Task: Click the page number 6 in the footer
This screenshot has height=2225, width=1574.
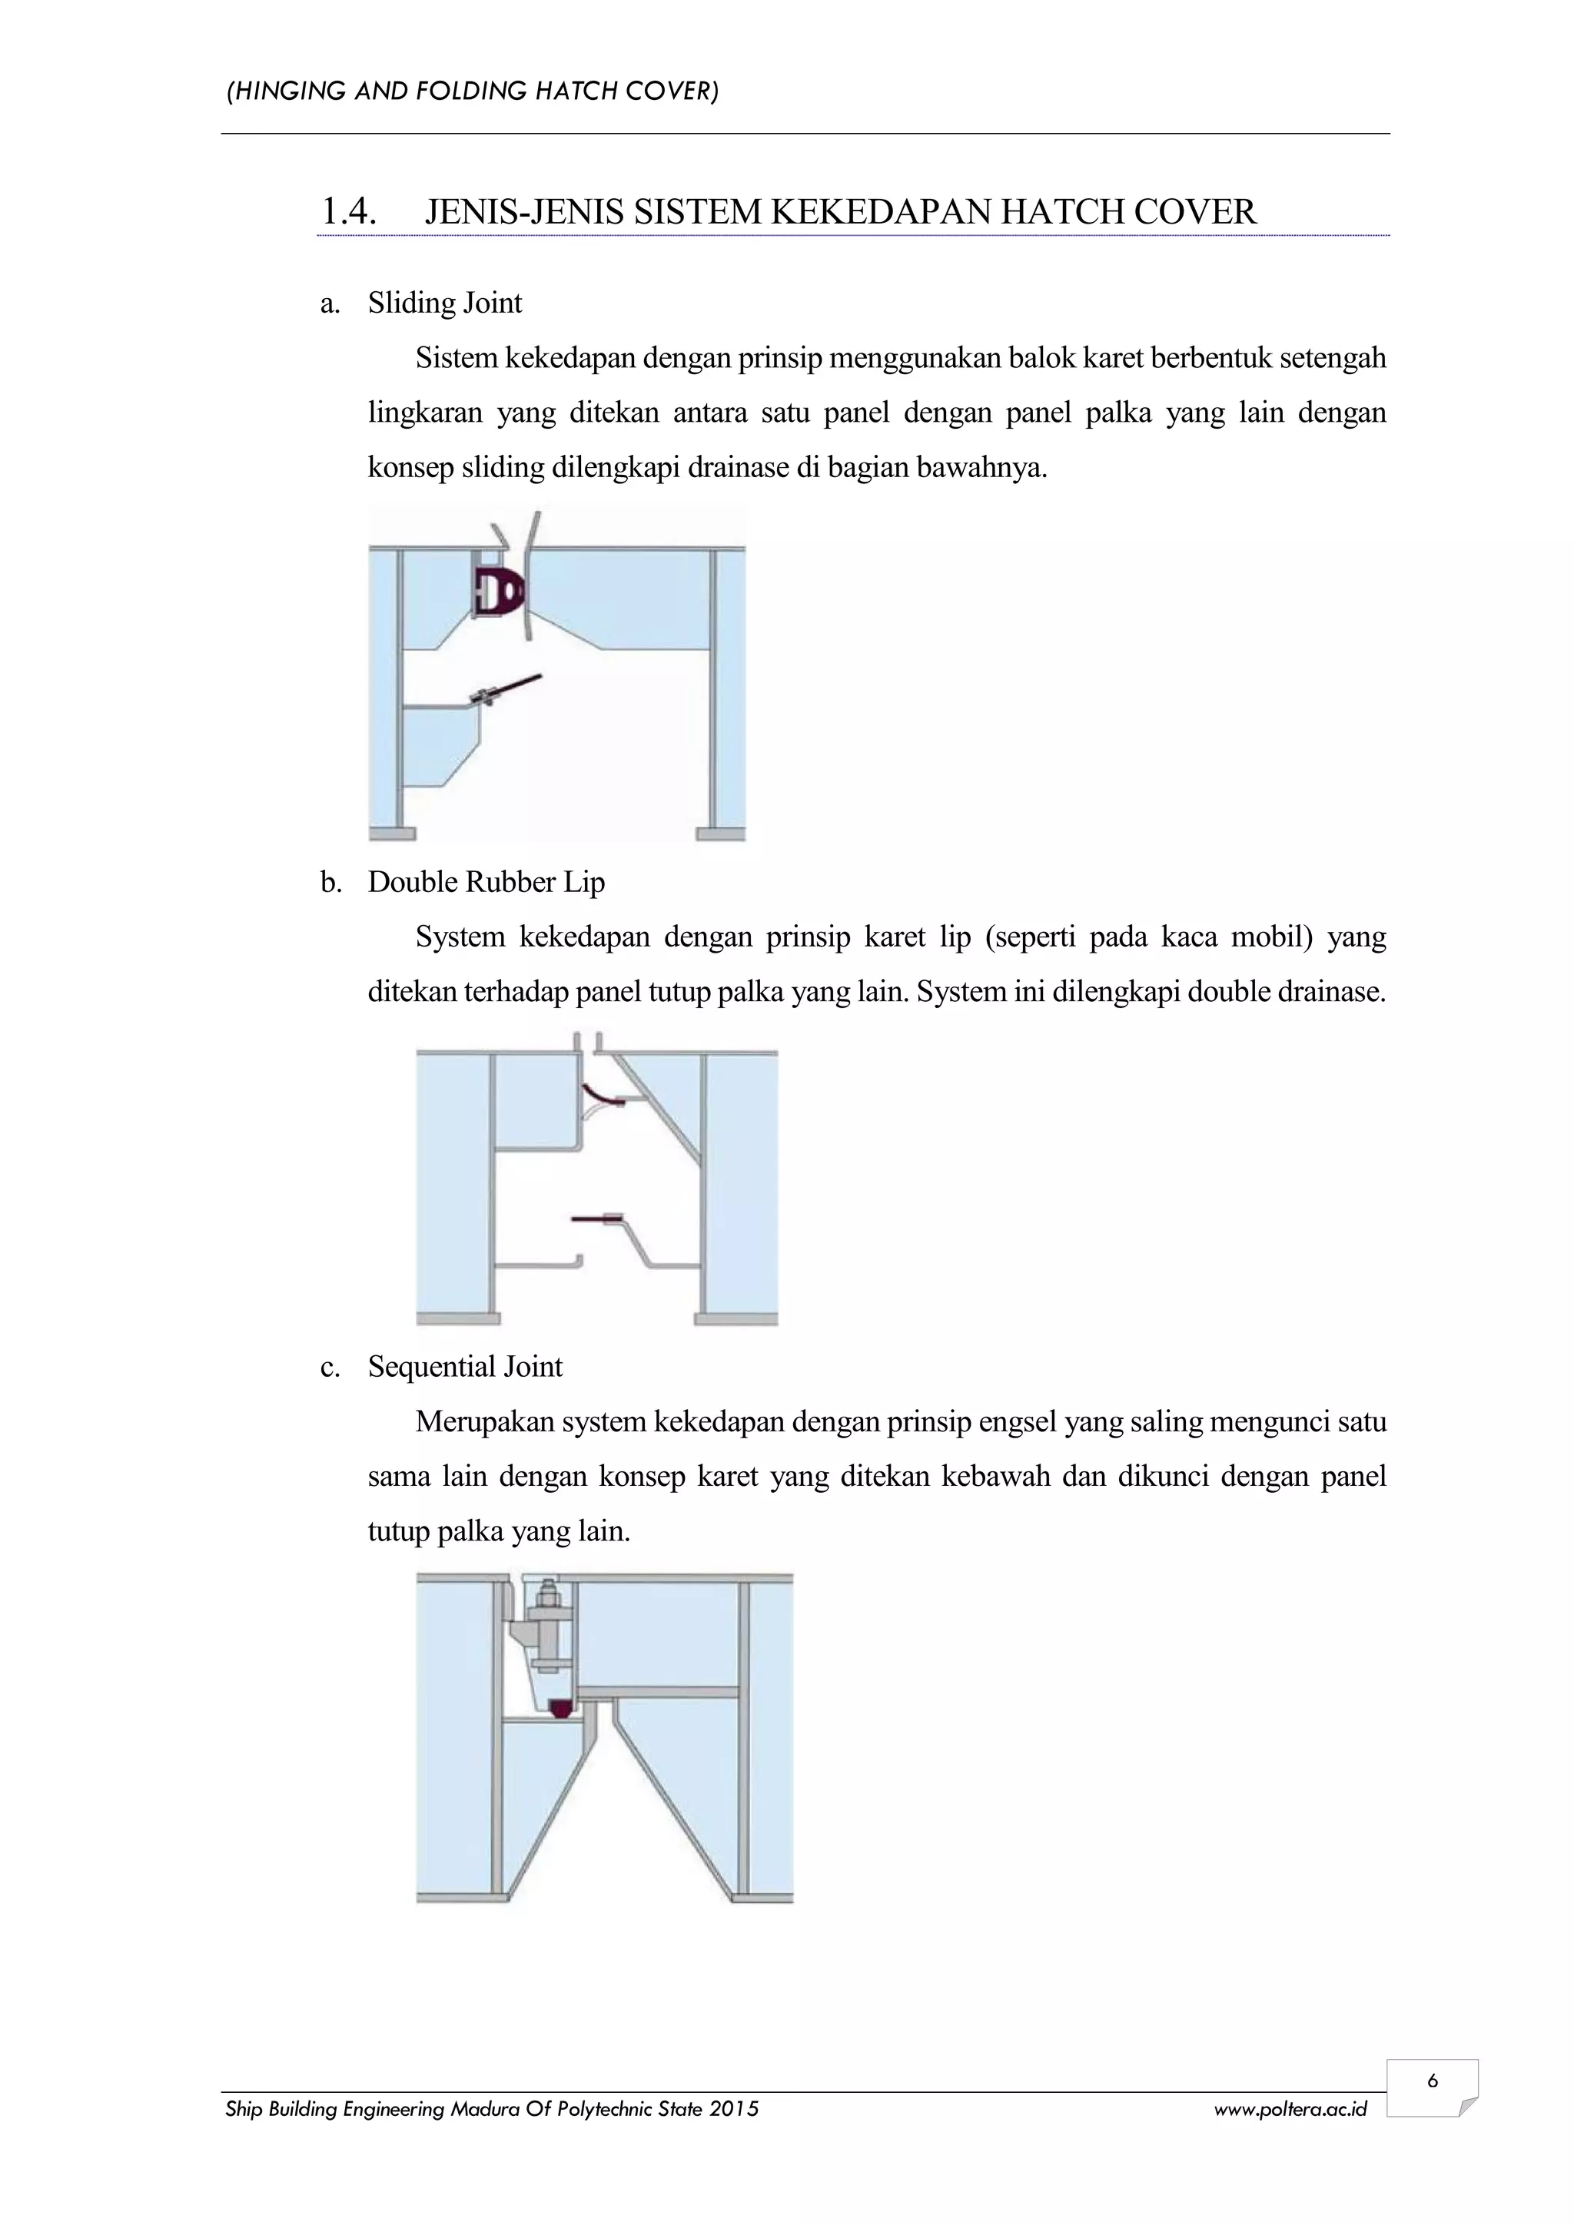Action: [1432, 2081]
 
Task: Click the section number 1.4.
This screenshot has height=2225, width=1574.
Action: [348, 211]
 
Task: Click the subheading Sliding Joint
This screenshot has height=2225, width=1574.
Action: [445, 303]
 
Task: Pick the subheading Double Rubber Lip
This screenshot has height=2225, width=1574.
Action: [486, 882]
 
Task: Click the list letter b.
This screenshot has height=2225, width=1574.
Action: [330, 882]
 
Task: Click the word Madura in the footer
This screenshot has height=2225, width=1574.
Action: [486, 2109]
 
